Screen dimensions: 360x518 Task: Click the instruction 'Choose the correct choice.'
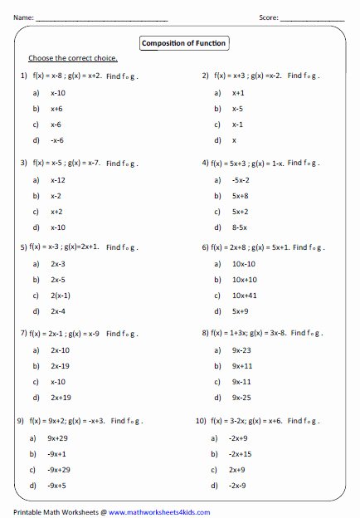pyautogui.click(x=73, y=58)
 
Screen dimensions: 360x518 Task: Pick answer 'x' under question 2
pyautogui.click(x=235, y=139)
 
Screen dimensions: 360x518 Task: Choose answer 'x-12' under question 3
pyautogui.click(x=58, y=179)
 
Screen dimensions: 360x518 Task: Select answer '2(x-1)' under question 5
pyautogui.click(x=61, y=295)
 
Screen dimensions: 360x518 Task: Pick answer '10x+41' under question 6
pyautogui.click(x=244, y=295)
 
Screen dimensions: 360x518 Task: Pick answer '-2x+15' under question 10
pyautogui.click(x=242, y=453)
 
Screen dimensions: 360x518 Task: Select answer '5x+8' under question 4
pyautogui.click(x=241, y=195)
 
